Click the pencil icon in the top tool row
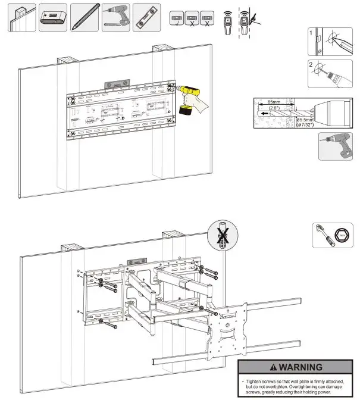point(84,17)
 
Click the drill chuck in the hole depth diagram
point(325,112)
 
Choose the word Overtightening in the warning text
point(310,386)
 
